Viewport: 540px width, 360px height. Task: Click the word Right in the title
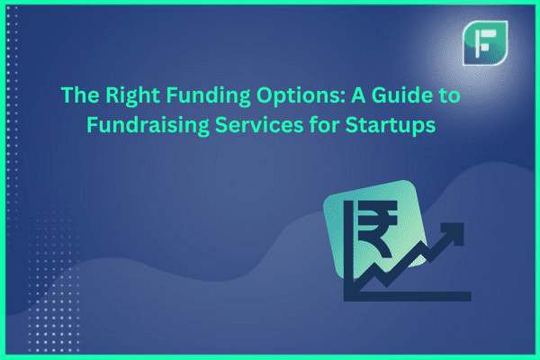point(132,95)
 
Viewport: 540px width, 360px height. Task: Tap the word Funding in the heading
point(208,95)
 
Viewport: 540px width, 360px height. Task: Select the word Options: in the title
point(301,95)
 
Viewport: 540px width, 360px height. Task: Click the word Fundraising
point(148,124)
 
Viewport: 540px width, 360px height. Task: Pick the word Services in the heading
point(259,124)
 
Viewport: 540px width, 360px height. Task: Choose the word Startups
point(391,125)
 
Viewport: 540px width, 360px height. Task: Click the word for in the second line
point(324,124)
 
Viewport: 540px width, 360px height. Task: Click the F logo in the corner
point(485,43)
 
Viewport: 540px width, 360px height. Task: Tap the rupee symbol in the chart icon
point(377,229)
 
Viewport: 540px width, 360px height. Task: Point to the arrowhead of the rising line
point(454,231)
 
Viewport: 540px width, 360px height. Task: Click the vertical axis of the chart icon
point(349,251)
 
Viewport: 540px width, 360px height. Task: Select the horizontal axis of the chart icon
point(408,296)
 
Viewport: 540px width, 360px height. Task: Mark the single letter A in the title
point(358,94)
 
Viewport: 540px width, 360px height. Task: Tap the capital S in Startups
point(352,125)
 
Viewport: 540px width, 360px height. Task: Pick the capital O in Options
point(265,94)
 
